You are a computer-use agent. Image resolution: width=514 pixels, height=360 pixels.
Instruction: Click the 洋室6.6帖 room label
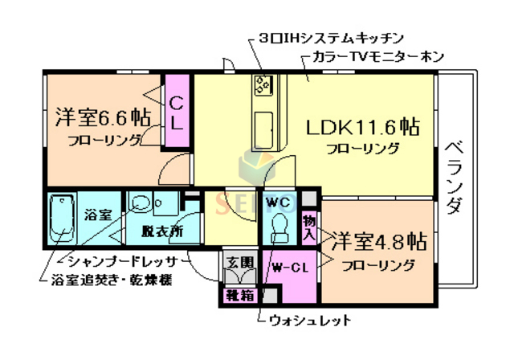click(x=101, y=117)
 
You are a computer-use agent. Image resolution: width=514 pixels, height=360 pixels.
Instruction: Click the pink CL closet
click(x=177, y=112)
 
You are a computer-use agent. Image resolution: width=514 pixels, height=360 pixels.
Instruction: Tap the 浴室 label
click(x=99, y=215)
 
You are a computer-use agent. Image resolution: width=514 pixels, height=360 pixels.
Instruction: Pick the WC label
click(x=279, y=200)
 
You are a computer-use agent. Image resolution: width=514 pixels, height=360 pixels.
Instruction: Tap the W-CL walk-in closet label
click(x=290, y=268)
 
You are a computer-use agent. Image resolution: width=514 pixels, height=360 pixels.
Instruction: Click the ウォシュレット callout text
click(x=309, y=321)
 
